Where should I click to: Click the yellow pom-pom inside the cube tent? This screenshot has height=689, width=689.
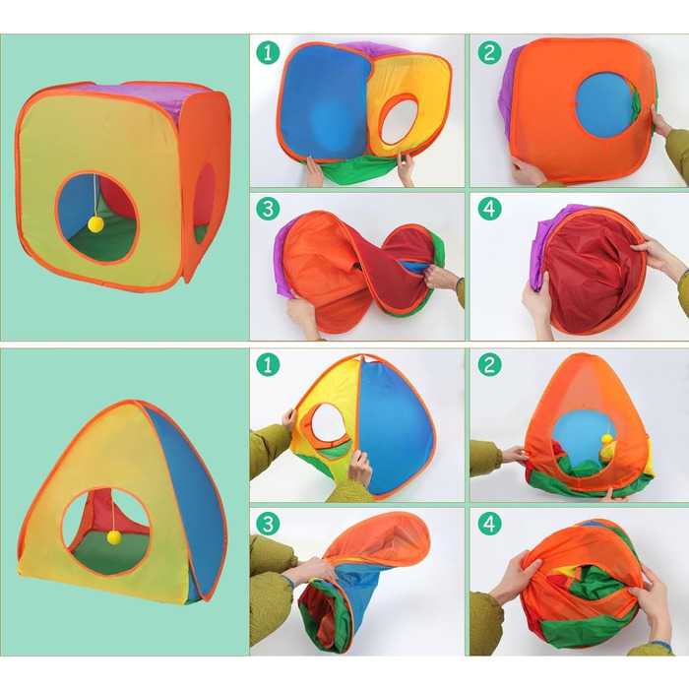95,224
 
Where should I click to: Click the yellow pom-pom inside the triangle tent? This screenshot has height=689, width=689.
115,537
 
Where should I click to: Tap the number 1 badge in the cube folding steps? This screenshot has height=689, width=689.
268,53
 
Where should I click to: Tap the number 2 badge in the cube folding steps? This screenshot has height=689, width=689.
489,53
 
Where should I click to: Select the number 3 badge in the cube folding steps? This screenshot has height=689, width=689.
268,209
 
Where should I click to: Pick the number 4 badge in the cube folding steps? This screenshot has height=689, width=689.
489,209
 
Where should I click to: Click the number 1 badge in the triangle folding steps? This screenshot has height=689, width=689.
268,365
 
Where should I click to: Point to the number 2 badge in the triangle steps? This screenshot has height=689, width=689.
489,365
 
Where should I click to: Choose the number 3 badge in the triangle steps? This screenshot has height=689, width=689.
268,524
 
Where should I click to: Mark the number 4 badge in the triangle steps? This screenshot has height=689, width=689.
489,524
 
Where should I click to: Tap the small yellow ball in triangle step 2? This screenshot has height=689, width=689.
607,438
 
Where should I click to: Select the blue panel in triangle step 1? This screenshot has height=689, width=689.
394,426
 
